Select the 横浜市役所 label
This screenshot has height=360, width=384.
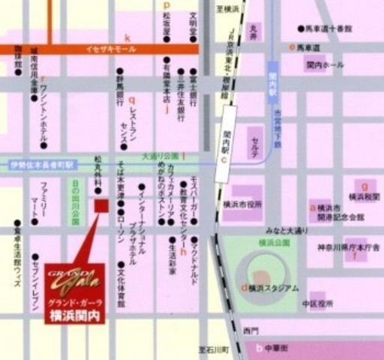tap(242, 204)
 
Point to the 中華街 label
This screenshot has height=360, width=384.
tap(286, 347)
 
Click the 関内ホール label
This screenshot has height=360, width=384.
tap(325, 65)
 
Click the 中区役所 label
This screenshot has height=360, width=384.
tap(317, 304)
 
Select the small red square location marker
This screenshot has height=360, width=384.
tap(101, 205)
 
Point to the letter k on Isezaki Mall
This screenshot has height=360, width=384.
tap(127, 37)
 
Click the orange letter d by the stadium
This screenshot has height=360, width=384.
tap(244, 287)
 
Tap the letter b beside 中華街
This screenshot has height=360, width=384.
tap(259, 347)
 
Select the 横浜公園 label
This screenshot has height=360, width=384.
tap(274, 243)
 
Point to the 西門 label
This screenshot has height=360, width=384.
tap(250, 329)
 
